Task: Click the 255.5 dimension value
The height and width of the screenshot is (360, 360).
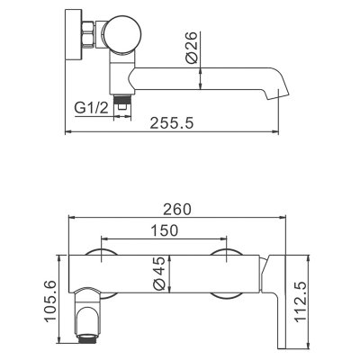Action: (x=172, y=123)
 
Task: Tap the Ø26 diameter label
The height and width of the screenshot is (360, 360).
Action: (x=192, y=47)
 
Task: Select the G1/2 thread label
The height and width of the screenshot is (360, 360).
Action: (x=91, y=108)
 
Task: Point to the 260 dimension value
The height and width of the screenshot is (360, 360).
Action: (x=177, y=209)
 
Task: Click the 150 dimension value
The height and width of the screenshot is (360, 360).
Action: (x=164, y=230)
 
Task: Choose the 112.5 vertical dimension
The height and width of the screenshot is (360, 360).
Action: (x=301, y=301)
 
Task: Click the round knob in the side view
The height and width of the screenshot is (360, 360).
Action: (x=123, y=35)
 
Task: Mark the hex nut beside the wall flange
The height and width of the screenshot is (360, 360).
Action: (x=88, y=34)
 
